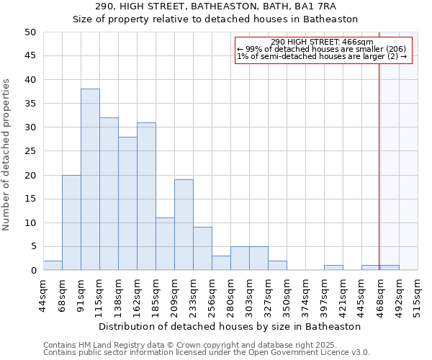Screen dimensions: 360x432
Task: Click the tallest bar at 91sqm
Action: (x=90, y=179)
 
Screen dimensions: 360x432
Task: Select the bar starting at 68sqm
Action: (x=71, y=222)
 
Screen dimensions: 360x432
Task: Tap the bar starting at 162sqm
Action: (x=146, y=196)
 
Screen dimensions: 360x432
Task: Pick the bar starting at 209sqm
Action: (x=184, y=225)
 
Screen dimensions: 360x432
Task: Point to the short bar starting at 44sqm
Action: (x=53, y=266)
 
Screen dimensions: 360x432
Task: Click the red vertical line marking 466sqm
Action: (x=379, y=166)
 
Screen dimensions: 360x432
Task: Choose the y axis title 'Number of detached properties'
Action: (x=6, y=155)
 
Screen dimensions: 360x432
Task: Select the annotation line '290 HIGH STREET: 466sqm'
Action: (x=322, y=42)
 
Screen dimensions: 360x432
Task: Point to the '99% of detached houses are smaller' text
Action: (x=322, y=49)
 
